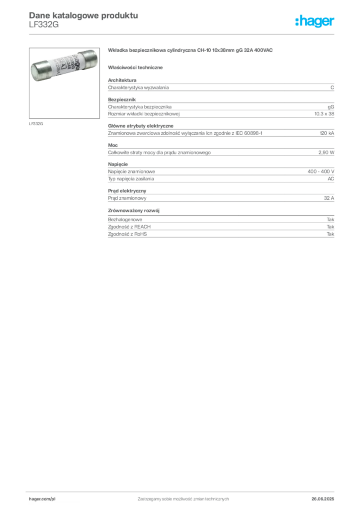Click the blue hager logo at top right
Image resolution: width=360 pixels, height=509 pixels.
click(316, 22)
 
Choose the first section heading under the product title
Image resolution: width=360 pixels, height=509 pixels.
click(137, 67)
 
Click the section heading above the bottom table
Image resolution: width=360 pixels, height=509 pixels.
click(136, 210)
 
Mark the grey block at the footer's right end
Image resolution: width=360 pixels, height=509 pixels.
click(327, 497)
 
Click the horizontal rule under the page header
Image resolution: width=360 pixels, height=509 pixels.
click(182, 33)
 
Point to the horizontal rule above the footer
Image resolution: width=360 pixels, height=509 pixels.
click(182, 490)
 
